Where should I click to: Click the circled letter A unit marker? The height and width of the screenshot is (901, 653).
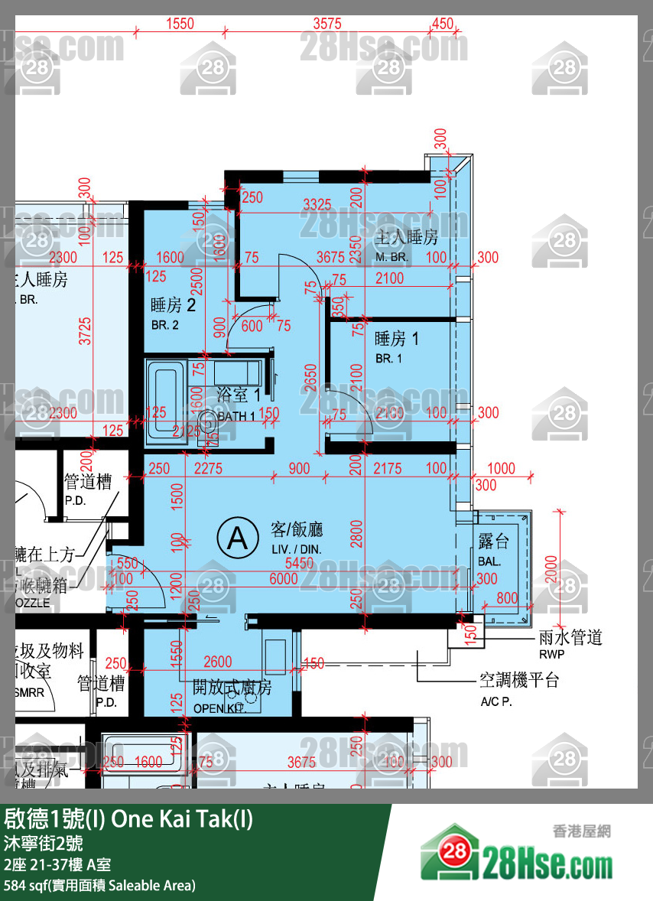coord(238,538)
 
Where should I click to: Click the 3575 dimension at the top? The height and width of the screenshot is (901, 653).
coord(327,24)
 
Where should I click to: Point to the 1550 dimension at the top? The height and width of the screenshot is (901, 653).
coord(180,24)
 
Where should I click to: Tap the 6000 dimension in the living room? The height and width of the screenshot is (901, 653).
coord(284,580)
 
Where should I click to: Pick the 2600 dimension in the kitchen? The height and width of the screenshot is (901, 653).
coord(218,662)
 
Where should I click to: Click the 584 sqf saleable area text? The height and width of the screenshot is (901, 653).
coord(99,886)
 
